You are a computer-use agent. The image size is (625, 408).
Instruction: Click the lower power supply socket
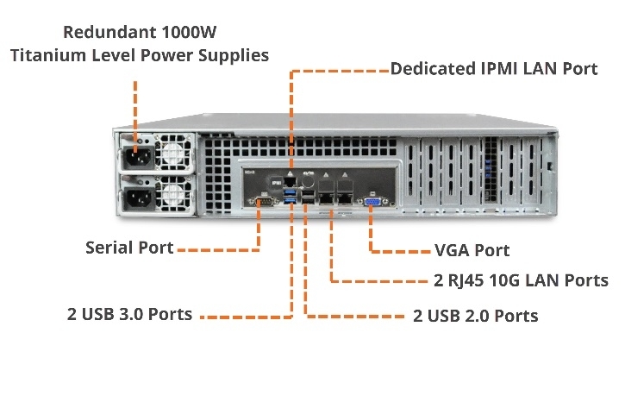pos(137,199)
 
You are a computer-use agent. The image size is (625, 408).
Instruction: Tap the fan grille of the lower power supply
pos(174,198)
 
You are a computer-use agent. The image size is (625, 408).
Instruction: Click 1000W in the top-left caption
pos(189,33)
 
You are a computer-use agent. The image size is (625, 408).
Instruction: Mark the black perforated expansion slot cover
pos(491,173)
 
